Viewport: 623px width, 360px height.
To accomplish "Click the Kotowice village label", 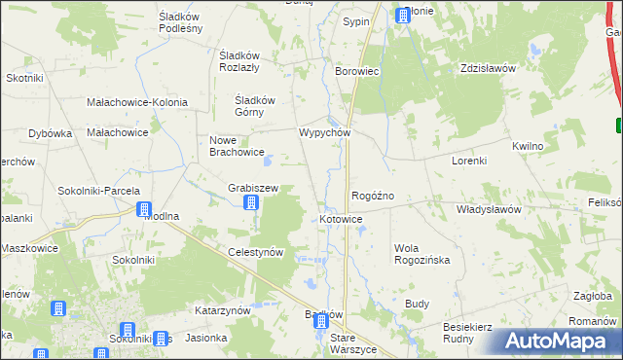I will pyautogui.click(x=341, y=220).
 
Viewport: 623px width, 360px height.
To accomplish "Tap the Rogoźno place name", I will pyautogui.click(x=372, y=196).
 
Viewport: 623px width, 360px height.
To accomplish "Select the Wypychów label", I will pyautogui.click(x=323, y=132).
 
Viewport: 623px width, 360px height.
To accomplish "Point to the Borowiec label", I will pyautogui.click(x=356, y=72).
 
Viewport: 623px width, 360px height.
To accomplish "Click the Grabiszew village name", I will pyautogui.click(x=253, y=187).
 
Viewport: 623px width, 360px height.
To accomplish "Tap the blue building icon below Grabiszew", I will pyautogui.click(x=250, y=202).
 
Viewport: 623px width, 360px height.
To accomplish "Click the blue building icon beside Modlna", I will pyautogui.click(x=144, y=209).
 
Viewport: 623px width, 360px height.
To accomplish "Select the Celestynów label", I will pyautogui.click(x=255, y=252).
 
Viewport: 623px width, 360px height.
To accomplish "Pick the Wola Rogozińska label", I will pyautogui.click(x=420, y=254).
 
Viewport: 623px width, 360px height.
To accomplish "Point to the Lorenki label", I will pyautogui.click(x=468, y=160).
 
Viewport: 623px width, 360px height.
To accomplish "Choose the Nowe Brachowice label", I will pyautogui.click(x=237, y=145).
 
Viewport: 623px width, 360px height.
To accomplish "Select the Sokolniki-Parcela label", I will pyautogui.click(x=99, y=191).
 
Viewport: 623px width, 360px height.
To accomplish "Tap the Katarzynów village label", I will pyautogui.click(x=223, y=310).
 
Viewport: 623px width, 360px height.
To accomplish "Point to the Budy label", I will pyautogui.click(x=417, y=304).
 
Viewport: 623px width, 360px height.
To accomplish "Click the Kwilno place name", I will pyautogui.click(x=527, y=145).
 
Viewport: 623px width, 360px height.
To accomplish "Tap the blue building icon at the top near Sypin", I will pyautogui.click(x=402, y=15).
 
